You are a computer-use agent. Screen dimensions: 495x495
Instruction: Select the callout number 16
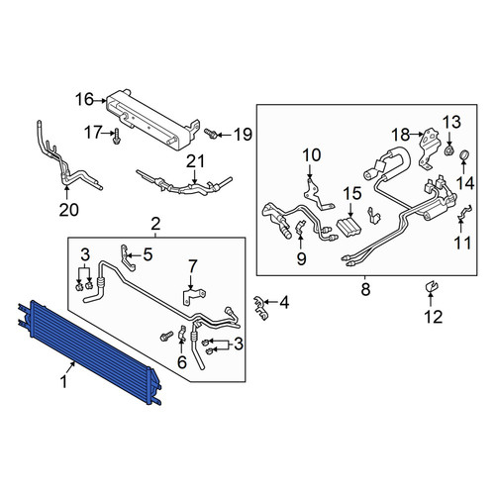(x=84, y=100)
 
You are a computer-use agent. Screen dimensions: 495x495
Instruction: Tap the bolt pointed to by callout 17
(x=116, y=136)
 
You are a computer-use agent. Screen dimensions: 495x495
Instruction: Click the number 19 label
(x=243, y=135)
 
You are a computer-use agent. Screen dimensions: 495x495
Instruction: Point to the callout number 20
(x=69, y=210)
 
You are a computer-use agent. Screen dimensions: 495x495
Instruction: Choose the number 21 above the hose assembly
(x=195, y=161)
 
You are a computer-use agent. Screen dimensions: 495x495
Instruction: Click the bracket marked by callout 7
(x=193, y=295)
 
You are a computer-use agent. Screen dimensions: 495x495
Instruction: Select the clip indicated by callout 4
(x=260, y=308)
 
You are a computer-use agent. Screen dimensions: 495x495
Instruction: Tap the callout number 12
(x=434, y=317)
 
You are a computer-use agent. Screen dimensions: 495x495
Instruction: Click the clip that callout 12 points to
(x=431, y=287)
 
